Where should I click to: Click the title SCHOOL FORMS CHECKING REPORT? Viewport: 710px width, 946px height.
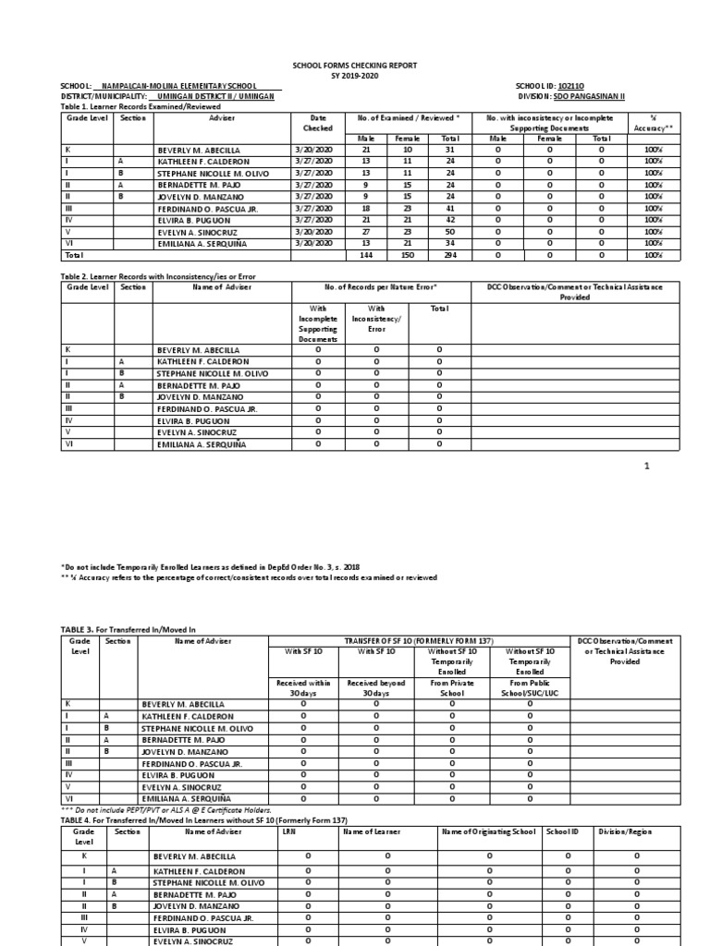click(355, 66)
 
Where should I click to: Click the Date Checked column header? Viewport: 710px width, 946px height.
click(319, 124)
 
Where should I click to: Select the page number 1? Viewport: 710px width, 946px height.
click(647, 466)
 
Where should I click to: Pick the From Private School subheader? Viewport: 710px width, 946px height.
click(452, 688)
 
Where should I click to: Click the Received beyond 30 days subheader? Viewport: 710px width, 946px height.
click(375, 688)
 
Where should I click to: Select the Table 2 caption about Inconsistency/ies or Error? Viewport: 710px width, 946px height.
click(157, 276)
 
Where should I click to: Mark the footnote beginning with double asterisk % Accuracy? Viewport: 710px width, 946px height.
click(249, 576)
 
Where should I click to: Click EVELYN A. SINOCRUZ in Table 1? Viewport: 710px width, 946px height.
click(197, 233)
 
